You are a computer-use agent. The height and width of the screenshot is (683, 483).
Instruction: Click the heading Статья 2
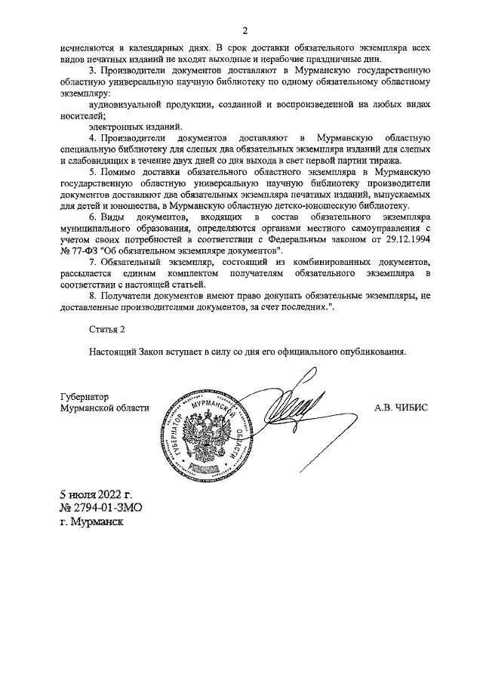coord(105,330)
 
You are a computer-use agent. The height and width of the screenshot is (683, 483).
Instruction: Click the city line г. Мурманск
coord(94,521)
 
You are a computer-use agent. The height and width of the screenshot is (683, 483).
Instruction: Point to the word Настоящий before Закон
coord(116,352)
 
